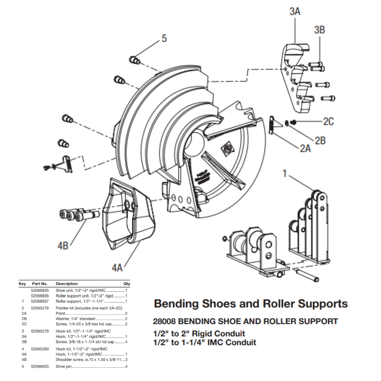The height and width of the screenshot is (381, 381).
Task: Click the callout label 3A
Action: tap(295, 12)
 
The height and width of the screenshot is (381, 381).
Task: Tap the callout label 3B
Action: tap(319, 30)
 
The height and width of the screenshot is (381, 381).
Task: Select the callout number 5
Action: tap(164, 38)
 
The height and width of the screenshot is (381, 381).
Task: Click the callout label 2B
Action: tap(320, 141)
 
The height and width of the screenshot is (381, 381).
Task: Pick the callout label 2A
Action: tap(306, 149)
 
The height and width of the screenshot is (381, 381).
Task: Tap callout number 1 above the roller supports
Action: tap(284, 174)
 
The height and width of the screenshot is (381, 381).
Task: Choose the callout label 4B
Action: tap(63, 246)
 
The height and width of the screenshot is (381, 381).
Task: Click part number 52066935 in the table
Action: tap(40, 290)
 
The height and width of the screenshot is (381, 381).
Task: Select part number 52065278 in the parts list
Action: tap(40, 308)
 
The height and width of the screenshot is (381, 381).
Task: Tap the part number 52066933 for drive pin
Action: tap(40, 367)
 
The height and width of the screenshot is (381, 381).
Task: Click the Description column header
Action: tap(67, 284)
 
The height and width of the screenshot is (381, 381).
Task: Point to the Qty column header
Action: tap(127, 284)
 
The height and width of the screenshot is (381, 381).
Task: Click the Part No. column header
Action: tap(40, 284)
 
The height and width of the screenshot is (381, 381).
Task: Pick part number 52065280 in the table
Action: tap(40, 349)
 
